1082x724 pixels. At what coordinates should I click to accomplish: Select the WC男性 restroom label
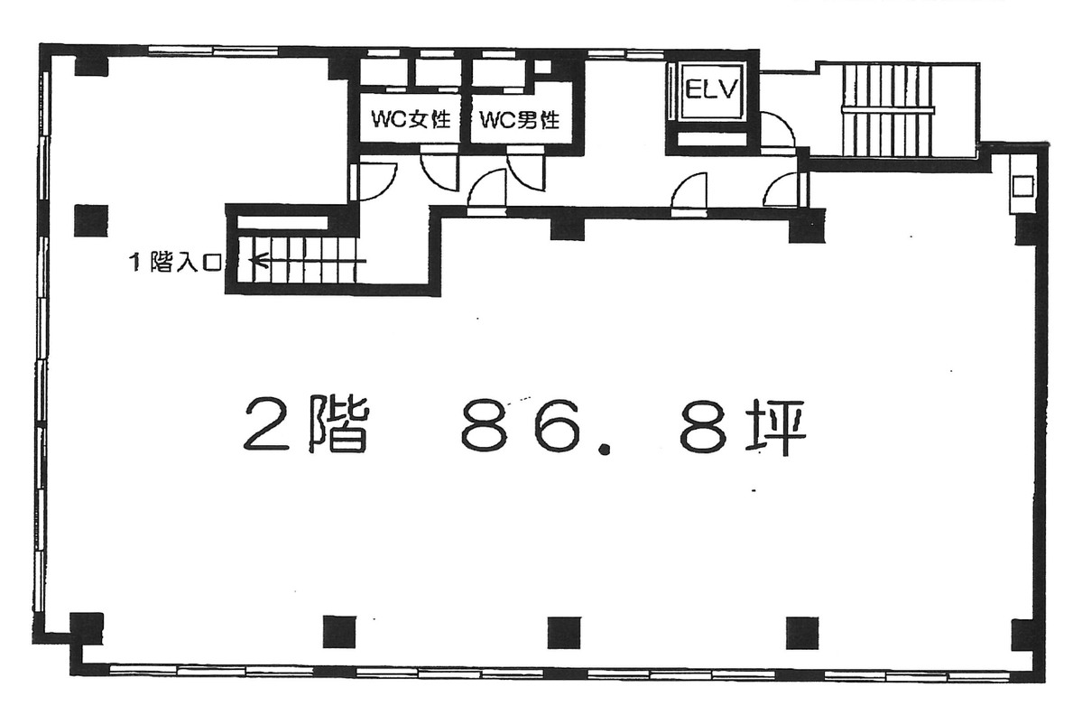[520, 119]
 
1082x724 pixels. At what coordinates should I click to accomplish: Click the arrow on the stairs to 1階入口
[262, 262]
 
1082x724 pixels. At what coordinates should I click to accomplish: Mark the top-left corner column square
[90, 64]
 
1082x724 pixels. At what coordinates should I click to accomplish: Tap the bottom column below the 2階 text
[339, 630]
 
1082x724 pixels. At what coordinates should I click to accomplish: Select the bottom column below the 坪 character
[801, 630]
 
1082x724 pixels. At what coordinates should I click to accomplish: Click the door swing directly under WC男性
[526, 171]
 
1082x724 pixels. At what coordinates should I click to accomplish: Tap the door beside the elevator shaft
[777, 130]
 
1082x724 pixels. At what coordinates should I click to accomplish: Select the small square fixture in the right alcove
[1022, 186]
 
